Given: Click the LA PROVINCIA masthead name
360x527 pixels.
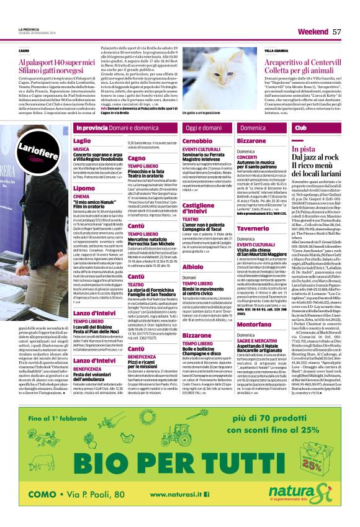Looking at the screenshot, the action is (x=29, y=29).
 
